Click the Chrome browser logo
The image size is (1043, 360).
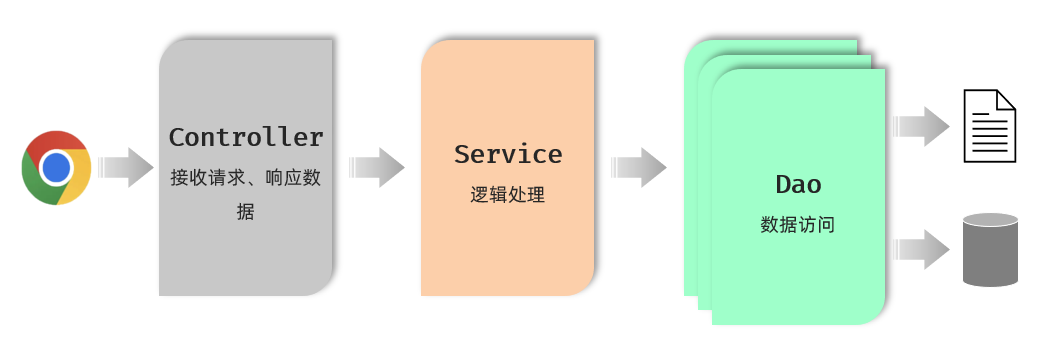tap(56, 167)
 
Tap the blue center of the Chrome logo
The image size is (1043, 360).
tap(56, 167)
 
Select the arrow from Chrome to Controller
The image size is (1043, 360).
tap(126, 167)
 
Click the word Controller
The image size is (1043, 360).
tap(246, 138)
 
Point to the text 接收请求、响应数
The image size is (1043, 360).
tap(246, 177)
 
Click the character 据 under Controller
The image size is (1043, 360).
tap(246, 211)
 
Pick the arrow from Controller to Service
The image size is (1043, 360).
tap(377, 167)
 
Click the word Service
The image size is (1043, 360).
tap(508, 155)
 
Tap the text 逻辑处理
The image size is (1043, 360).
tap(508, 195)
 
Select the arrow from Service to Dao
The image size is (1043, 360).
tap(639, 167)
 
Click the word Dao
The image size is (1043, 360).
tap(798, 185)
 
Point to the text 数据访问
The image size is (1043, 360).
tap(798, 225)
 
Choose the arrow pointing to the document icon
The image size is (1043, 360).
tap(921, 126)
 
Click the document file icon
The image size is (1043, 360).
tap(989, 126)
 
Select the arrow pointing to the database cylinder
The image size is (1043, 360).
tap(921, 249)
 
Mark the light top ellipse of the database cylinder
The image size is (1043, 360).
tap(990, 220)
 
